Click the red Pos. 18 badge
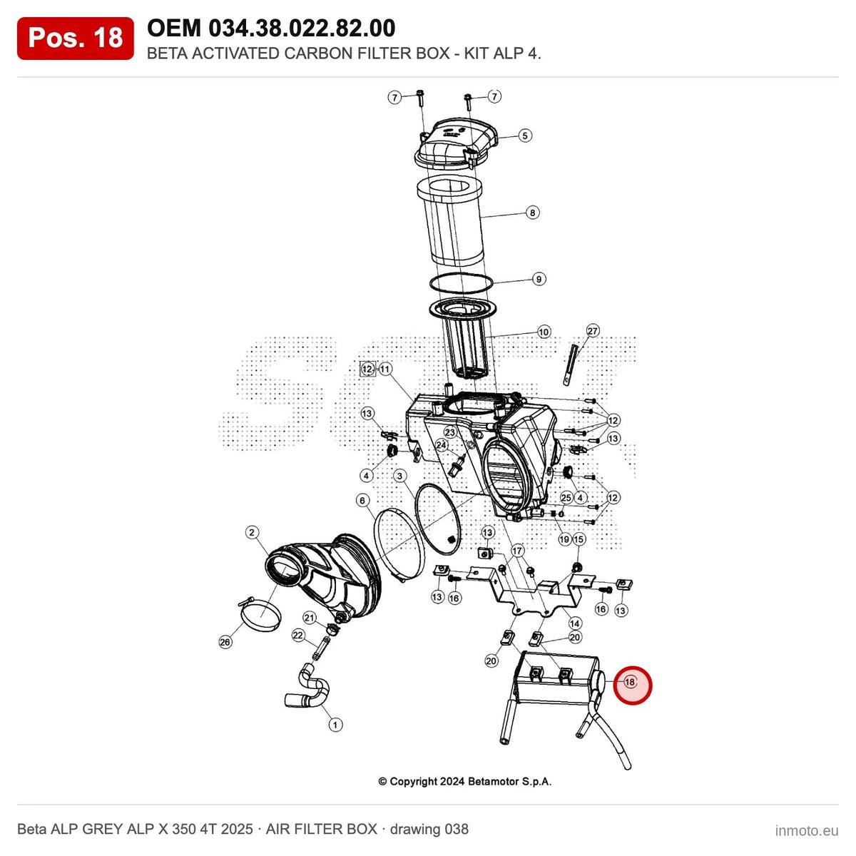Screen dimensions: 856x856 point(75,39)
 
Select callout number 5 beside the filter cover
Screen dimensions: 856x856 point(524,136)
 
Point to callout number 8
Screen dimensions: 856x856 point(533,213)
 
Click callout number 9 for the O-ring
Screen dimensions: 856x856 point(539,280)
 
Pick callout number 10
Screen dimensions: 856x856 point(544,332)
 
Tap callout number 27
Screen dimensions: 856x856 point(593,330)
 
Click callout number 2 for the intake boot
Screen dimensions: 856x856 point(252,532)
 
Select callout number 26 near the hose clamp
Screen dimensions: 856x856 point(225,642)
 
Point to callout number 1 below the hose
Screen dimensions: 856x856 point(335,725)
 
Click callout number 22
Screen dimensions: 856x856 point(297,636)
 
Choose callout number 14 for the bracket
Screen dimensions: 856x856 point(574,623)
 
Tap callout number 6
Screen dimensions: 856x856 point(362,501)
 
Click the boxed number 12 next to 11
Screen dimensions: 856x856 point(367,369)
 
